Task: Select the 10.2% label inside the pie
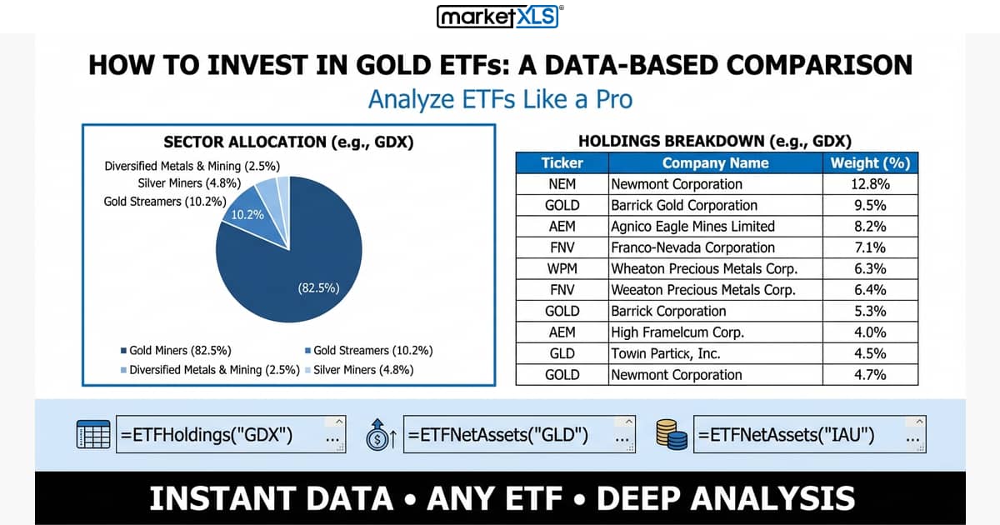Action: pos(247,214)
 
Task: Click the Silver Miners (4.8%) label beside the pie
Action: pos(189,183)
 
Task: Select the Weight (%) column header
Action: pos(870,163)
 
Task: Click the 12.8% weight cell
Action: pos(870,184)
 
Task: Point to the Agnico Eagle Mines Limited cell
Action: pos(692,227)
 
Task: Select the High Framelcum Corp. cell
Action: pos(677,332)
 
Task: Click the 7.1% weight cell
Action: pos(870,247)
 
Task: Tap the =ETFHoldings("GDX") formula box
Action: pos(231,435)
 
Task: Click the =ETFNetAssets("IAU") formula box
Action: pos(808,435)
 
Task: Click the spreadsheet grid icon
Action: pos(93,435)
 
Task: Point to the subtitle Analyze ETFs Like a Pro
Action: pos(500,99)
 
